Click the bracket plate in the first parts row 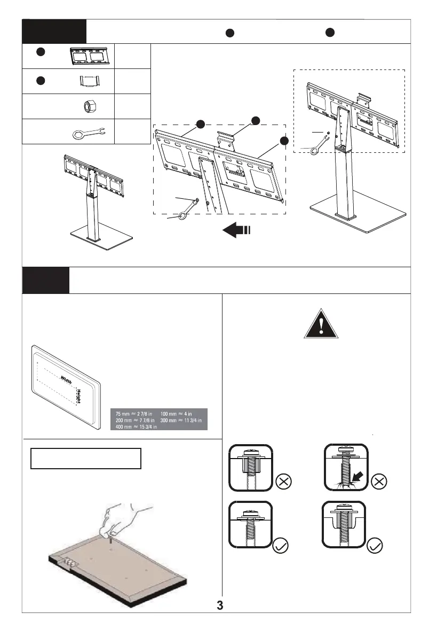pos(89,56)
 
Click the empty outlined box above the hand pos(85,459)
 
